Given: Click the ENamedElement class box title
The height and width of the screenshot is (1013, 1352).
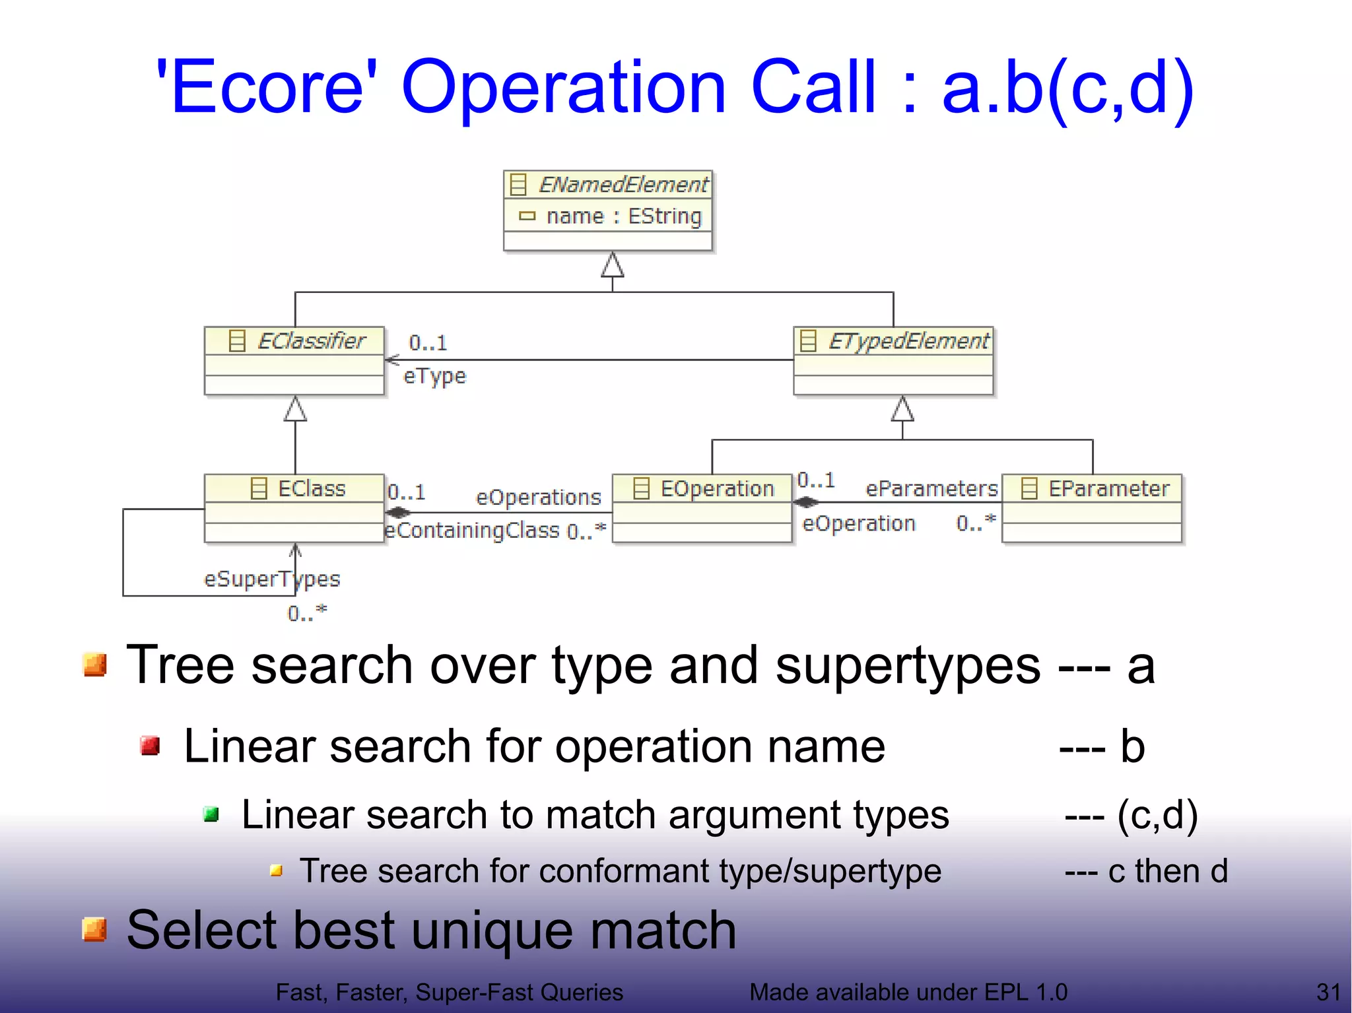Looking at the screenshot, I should (623, 185).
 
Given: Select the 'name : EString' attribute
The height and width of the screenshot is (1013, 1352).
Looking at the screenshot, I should (623, 216).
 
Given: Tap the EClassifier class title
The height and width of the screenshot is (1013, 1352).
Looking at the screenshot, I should (310, 341).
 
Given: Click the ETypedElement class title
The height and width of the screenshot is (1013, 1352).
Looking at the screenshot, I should (908, 341).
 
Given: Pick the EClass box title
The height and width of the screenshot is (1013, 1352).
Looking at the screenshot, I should (311, 489).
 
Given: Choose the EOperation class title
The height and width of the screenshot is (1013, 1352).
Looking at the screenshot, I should (716, 489).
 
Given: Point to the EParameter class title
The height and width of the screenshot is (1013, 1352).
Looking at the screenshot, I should (1108, 489).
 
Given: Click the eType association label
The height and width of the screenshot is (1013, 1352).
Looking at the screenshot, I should (434, 376).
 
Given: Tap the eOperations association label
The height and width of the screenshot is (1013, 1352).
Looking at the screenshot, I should (538, 498).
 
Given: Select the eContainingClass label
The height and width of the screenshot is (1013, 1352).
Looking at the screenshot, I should (472, 531).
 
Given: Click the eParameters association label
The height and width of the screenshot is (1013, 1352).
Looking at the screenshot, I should (931, 489).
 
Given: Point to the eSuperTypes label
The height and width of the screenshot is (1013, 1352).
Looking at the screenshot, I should (271, 579).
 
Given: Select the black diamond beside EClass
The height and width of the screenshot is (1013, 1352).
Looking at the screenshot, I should (398, 512).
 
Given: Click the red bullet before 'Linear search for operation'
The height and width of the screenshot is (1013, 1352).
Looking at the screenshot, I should (151, 746).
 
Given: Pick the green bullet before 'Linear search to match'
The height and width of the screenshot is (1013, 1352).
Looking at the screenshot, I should (211, 814).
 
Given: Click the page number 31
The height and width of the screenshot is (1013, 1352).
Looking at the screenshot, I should (1328, 992).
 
